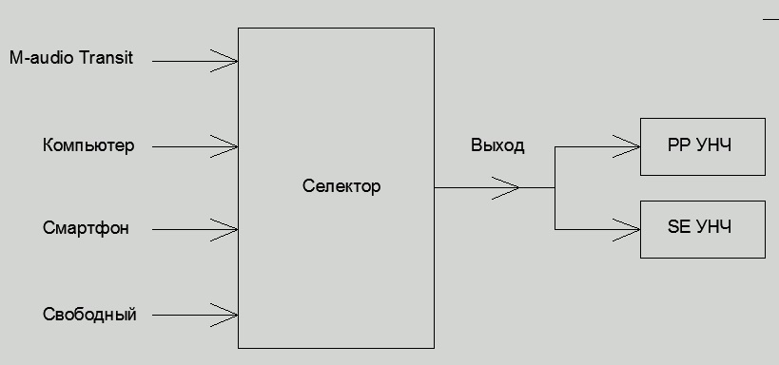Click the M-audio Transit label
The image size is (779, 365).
point(71,58)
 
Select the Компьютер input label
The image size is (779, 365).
point(88,145)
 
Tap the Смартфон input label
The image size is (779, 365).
point(86,228)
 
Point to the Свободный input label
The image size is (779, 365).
point(89,314)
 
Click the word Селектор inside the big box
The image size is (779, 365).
point(341,186)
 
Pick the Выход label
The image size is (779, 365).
point(497,146)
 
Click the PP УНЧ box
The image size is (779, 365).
point(702,146)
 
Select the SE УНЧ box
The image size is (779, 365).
point(702,229)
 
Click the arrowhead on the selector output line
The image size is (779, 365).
point(508,187)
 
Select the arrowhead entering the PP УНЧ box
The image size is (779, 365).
point(629,146)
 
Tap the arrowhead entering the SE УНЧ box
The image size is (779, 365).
point(629,229)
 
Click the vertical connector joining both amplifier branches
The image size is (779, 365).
point(555,187)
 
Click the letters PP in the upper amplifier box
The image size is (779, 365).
point(677,146)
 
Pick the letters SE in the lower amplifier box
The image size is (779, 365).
point(677,228)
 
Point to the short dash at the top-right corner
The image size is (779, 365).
point(770,17)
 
